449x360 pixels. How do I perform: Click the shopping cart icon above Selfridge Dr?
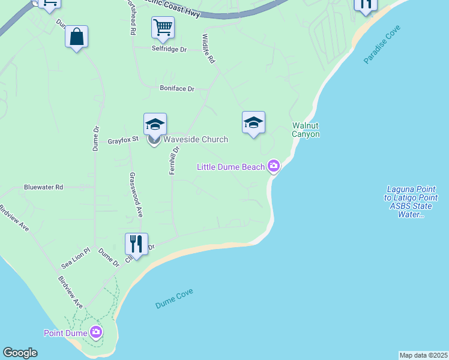point(163,27)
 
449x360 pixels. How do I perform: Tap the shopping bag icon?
point(77,37)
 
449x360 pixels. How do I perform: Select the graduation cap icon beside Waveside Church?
point(155,124)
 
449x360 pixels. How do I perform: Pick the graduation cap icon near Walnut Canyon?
point(253,122)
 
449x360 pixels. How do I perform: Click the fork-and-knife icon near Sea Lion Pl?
point(136,244)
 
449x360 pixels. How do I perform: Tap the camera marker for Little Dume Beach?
point(274,166)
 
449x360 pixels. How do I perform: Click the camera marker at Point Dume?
point(96,332)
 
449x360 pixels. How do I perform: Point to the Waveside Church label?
point(196,139)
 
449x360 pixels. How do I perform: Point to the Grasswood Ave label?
point(136,195)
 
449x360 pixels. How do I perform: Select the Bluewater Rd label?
point(43,187)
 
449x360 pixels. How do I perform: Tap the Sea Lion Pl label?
point(75,258)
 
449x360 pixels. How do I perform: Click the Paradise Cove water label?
point(382,45)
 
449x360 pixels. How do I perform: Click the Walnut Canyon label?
point(306,130)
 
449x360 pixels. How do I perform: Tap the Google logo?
point(20,353)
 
